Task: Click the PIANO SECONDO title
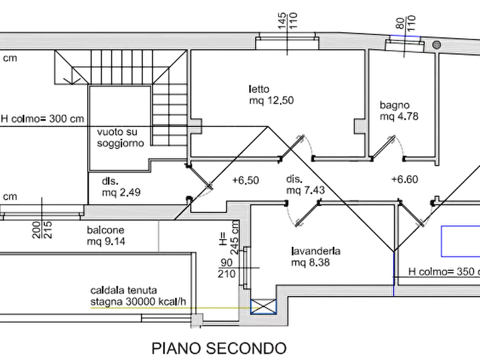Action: [219, 348]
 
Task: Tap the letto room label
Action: [259, 89]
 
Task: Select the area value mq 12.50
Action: [271, 100]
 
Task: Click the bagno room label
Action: [395, 105]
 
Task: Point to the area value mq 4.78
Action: [399, 116]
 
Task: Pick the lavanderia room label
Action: [316, 251]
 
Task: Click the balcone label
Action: [105, 230]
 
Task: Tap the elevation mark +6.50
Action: [246, 181]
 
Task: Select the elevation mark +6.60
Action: [405, 179]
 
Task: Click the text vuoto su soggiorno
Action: [120, 138]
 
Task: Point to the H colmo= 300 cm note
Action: [42, 119]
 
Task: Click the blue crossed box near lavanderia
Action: [263, 307]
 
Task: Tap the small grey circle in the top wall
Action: [437, 45]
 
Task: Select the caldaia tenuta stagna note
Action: [138, 296]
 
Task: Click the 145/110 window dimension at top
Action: [288, 21]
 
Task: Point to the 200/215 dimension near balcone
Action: [42, 230]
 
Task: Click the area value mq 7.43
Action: [305, 190]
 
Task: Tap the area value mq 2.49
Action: [121, 192]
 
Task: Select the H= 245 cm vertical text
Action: [230, 238]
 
